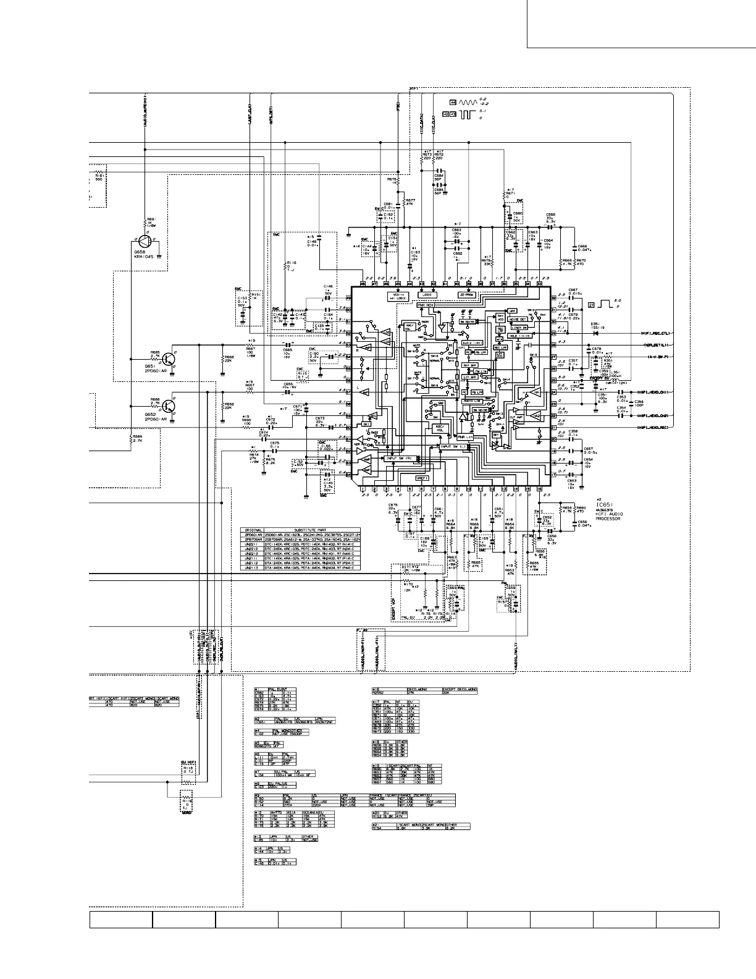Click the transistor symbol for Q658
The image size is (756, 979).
(143, 242)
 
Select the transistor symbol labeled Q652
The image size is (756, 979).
(170, 405)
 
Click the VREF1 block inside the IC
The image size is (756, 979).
(405, 478)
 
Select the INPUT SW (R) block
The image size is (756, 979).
(400, 458)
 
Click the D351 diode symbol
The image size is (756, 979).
(597, 333)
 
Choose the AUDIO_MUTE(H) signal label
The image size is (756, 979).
(145, 111)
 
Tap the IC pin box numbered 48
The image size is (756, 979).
(363, 284)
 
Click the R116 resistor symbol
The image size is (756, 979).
(287, 265)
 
